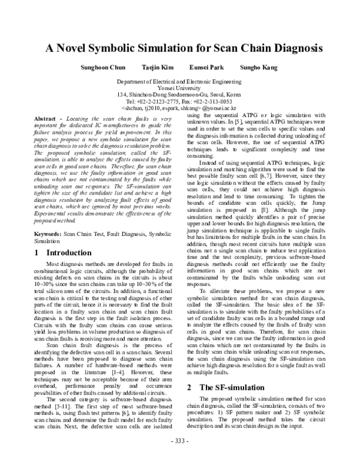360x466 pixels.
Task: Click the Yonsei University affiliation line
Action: [180, 88]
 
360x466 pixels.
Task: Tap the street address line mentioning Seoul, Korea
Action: [180, 95]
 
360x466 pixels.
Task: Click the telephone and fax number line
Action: [180, 101]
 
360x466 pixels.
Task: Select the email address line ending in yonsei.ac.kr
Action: [180, 108]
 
